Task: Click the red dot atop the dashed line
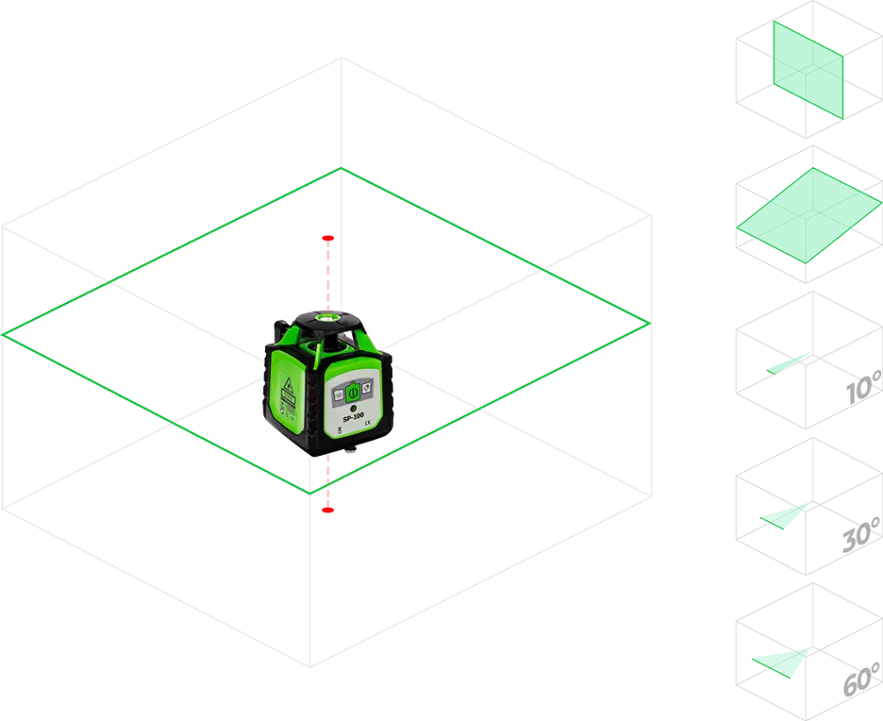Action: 328,238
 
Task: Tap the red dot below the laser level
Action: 328,510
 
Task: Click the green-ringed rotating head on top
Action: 328,315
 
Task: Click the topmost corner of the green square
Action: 341,168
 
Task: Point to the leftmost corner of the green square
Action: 5,334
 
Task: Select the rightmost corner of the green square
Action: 649,322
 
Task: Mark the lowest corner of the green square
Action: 310,493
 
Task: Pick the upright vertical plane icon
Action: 808,69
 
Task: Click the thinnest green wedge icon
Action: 788,363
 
